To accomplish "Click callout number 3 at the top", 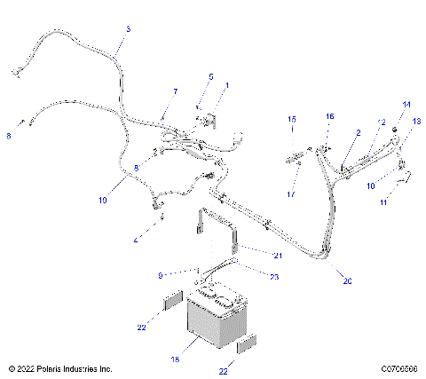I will click(x=127, y=29).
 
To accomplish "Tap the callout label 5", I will click(x=210, y=77).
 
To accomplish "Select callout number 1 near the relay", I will click(x=227, y=85).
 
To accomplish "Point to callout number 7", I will click(x=175, y=91).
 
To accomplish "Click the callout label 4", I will click(x=136, y=241).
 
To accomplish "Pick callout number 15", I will click(x=291, y=119).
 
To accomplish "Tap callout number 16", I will click(x=330, y=116).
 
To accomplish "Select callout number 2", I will click(x=357, y=132).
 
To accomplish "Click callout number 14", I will click(x=408, y=105).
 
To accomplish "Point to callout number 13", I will click(x=417, y=122).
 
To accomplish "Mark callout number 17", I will click(x=292, y=193).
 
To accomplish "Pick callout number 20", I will click(x=347, y=281).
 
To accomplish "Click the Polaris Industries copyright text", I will click(x=60, y=367).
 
